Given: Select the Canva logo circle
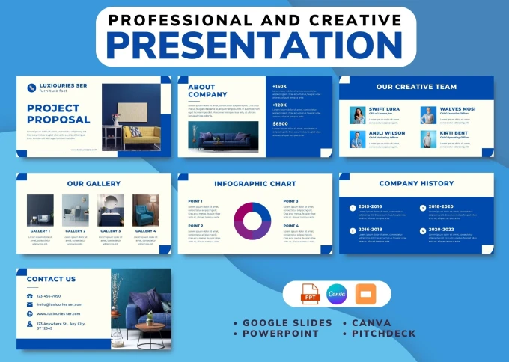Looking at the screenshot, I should (337, 295).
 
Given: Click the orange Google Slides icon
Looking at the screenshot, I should (368, 295).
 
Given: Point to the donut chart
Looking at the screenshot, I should (253, 221).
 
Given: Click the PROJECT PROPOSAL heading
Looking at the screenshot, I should (58, 114).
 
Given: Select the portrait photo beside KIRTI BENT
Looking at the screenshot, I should (428, 139).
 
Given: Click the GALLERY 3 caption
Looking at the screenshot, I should (110, 231).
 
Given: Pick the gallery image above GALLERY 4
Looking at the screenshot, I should (145, 210).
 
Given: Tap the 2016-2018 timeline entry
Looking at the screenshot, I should (370, 230).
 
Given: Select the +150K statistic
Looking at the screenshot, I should (280, 86).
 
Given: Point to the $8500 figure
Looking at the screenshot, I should (280, 123).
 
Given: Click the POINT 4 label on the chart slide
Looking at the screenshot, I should (290, 225).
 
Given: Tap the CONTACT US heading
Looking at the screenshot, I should (51, 279).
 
